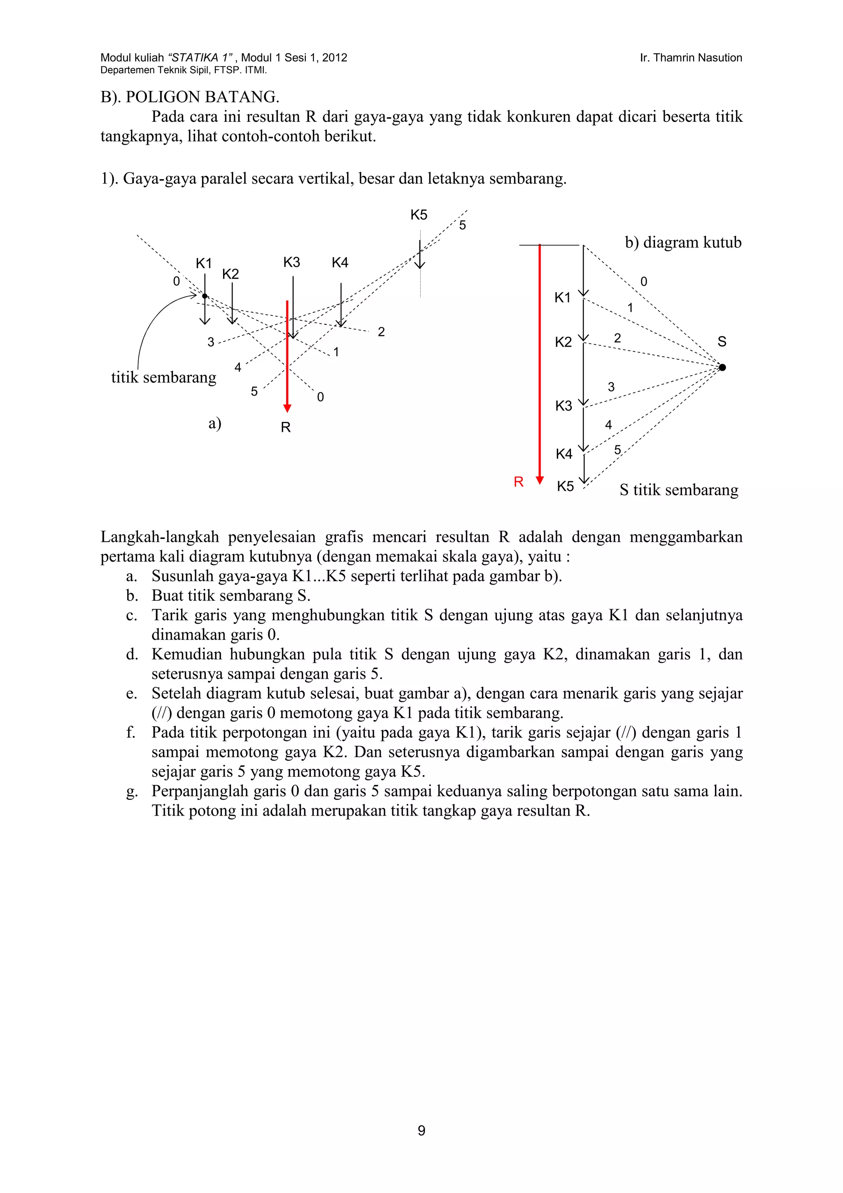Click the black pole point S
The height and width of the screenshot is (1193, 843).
[722, 367]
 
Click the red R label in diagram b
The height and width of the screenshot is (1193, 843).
[518, 482]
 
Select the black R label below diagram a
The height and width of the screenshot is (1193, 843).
[286, 427]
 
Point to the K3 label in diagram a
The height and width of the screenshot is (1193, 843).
[291, 262]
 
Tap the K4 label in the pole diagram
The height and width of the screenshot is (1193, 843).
[564, 454]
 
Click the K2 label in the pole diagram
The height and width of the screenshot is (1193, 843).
[563, 343]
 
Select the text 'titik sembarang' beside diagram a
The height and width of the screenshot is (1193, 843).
[163, 377]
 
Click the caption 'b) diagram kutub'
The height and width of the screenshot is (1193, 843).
[683, 242]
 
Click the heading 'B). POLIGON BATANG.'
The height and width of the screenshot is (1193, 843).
[190, 97]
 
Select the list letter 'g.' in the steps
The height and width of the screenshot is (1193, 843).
[132, 791]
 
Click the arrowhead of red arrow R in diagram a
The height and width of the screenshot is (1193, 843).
[287, 408]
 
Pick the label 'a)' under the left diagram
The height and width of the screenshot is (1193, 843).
[214, 424]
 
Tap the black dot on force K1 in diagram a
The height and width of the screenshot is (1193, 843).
[205, 296]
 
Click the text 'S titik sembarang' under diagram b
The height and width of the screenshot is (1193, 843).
[679, 490]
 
